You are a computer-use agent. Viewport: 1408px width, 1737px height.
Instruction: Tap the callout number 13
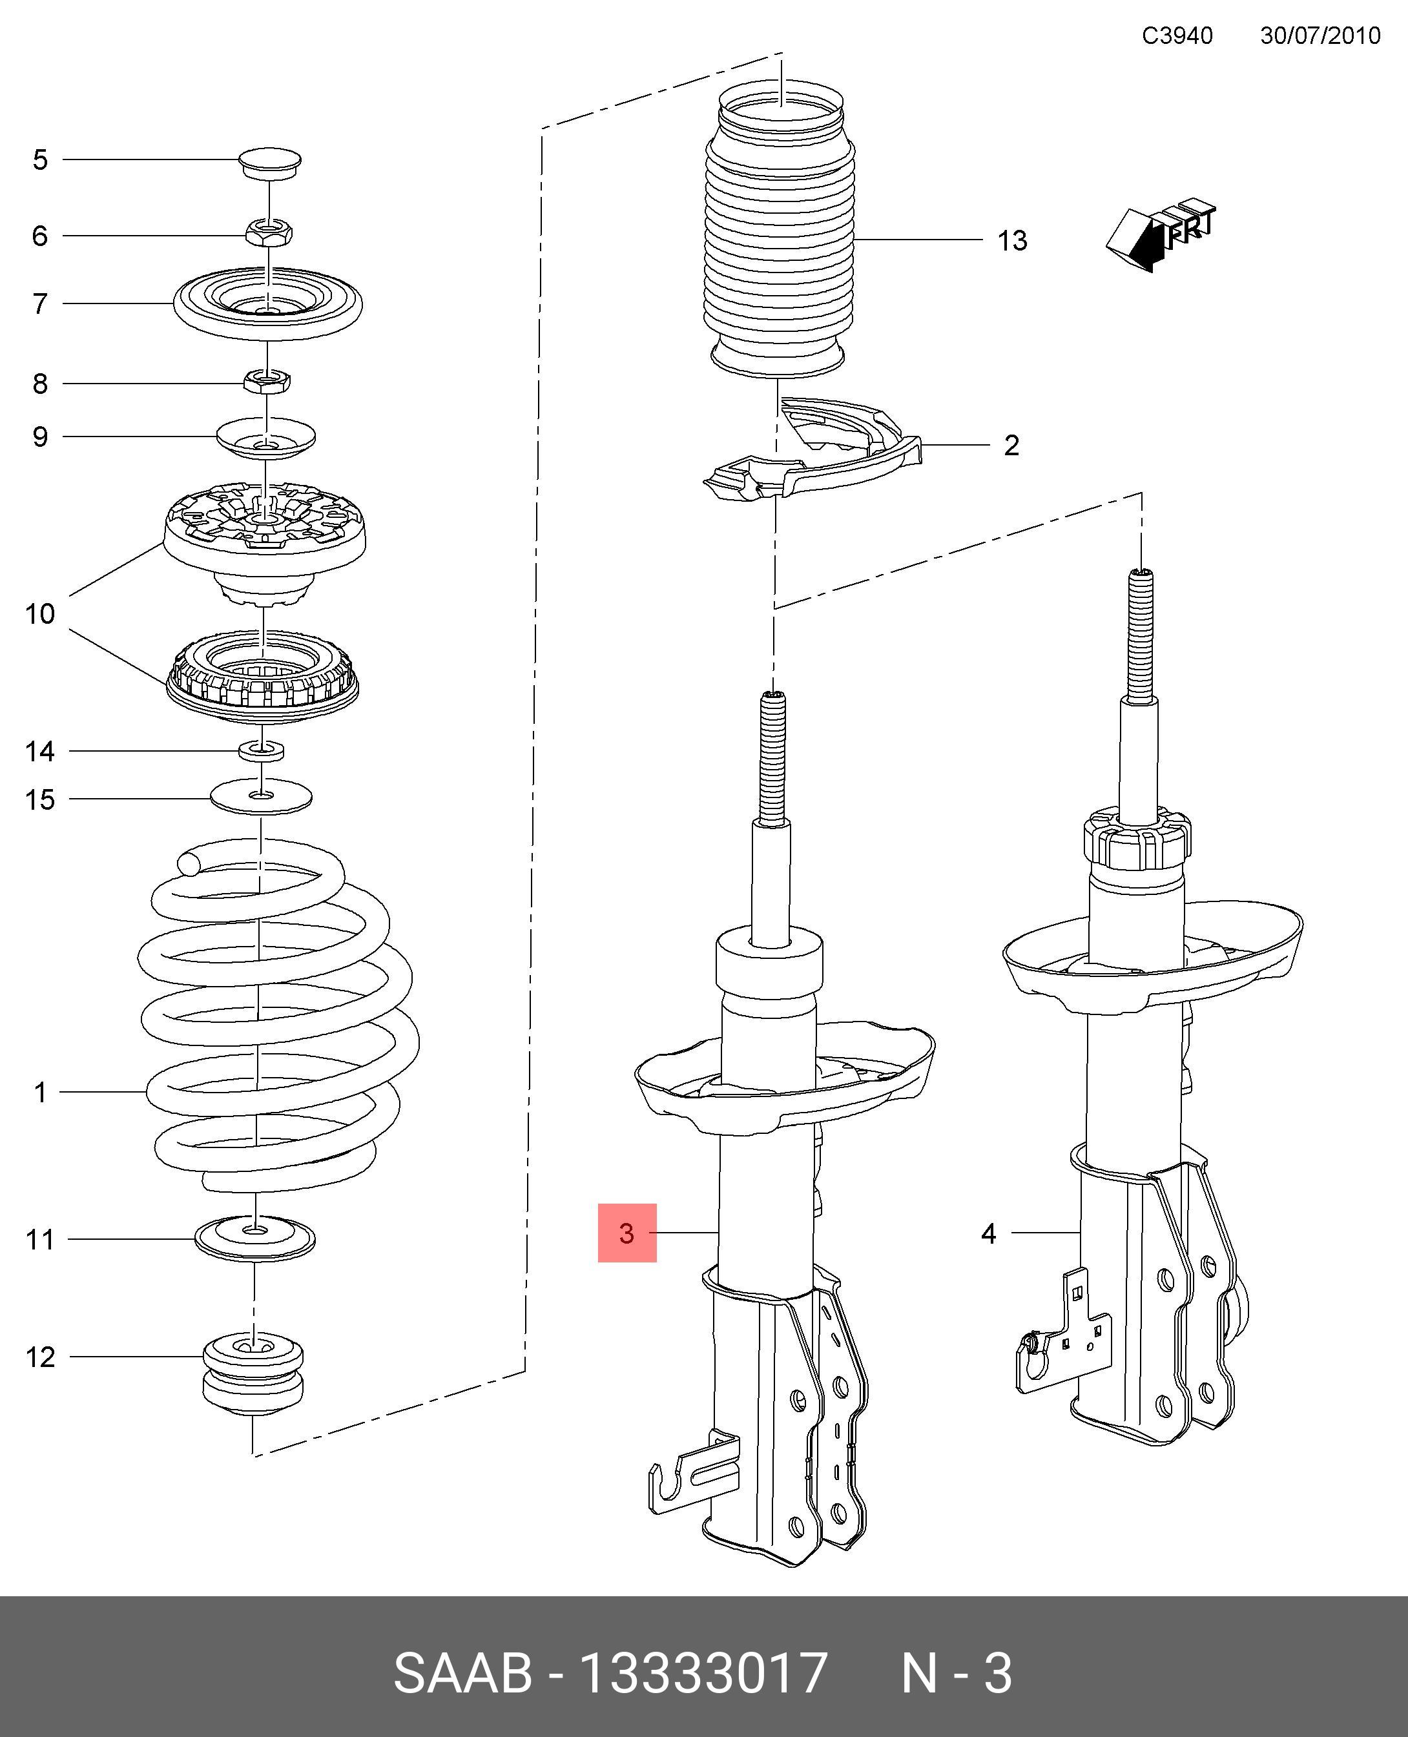coord(1012,241)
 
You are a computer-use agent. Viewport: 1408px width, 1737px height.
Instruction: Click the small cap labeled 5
coord(270,161)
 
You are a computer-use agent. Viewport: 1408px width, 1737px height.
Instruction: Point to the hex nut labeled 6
coord(269,234)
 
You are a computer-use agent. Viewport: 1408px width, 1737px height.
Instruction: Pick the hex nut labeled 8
coord(267,380)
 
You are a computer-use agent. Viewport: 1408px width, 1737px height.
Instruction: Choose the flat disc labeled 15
coord(261,797)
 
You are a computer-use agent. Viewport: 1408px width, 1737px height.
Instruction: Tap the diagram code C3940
coord(1177,36)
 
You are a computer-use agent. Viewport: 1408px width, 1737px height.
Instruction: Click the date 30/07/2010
coord(1320,36)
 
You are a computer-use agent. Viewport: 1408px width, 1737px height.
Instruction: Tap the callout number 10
coord(40,614)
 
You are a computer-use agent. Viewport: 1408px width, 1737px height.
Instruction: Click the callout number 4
coord(988,1233)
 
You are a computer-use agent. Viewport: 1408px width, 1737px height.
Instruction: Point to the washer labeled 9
coord(266,438)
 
